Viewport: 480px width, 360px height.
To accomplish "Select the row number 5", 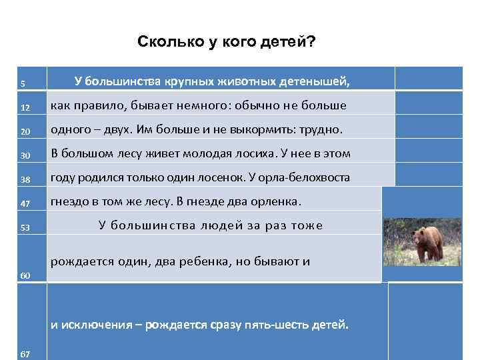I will [23, 83].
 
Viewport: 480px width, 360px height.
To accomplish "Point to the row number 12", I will [24, 108].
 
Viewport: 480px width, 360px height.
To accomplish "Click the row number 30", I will [25, 155].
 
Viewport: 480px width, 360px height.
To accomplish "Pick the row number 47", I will [25, 203].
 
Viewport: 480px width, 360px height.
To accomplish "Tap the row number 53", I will [25, 228].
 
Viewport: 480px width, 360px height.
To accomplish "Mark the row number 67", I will [25, 353].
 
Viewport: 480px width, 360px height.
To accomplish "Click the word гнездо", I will [70, 201].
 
